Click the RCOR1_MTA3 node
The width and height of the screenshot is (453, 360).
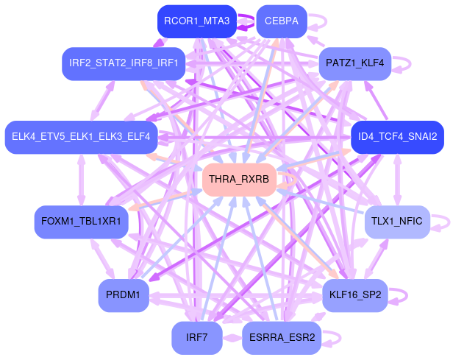(x=196, y=21)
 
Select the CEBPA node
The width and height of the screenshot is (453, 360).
(x=281, y=21)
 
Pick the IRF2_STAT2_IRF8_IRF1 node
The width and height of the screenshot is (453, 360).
(x=124, y=63)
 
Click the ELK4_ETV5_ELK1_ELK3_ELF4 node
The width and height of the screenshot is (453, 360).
(x=81, y=136)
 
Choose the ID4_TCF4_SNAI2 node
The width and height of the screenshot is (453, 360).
(x=397, y=136)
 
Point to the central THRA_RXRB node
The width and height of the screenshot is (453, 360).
(x=239, y=180)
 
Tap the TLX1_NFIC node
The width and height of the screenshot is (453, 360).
(x=397, y=222)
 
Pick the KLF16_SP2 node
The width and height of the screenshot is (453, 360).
(x=355, y=295)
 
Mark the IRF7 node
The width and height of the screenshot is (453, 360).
(x=196, y=338)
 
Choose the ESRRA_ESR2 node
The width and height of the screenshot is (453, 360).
(x=281, y=338)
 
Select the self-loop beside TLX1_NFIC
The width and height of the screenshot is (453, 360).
(x=441, y=222)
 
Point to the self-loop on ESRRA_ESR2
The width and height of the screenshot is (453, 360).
(x=333, y=338)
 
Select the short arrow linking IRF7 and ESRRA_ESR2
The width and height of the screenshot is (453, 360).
(x=232, y=338)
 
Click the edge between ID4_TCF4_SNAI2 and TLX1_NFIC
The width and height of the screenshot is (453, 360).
(x=397, y=179)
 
